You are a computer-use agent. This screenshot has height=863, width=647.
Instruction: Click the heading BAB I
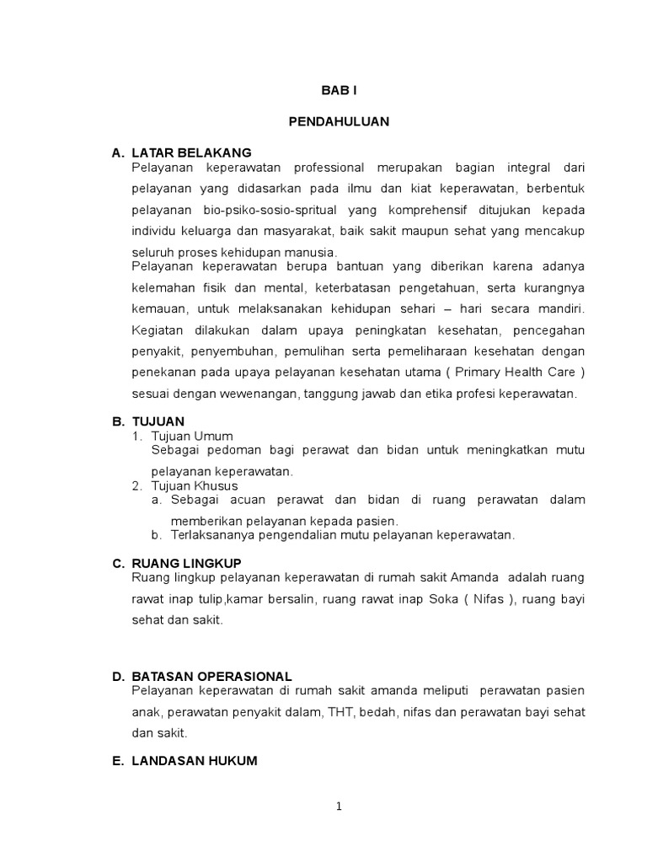(339, 90)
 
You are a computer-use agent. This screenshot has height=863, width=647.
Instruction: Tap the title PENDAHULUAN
(339, 121)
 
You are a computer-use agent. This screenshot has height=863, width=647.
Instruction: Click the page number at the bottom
(339, 806)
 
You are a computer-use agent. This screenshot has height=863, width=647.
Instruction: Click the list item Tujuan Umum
(192, 436)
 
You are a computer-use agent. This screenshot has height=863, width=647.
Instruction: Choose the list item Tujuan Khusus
(195, 485)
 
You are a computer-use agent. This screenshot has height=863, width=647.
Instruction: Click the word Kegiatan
(160, 329)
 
